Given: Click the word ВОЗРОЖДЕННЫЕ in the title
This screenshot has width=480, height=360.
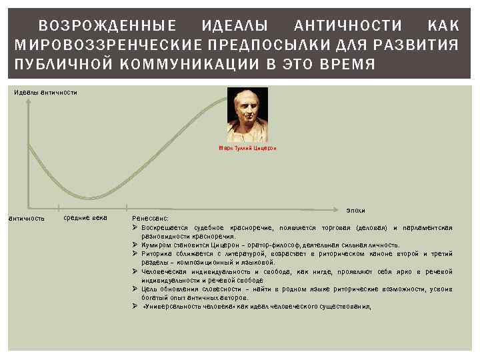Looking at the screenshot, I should [x=107, y=26].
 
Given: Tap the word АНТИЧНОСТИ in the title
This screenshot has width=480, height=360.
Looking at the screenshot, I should [x=349, y=26].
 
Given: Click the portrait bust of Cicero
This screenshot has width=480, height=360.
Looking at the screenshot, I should [x=247, y=114].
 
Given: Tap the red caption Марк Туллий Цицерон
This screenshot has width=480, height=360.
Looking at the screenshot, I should [x=247, y=148].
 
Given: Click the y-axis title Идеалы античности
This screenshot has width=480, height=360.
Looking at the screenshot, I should [x=45, y=92].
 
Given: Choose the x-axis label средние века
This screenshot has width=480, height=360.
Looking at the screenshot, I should [x=85, y=218].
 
